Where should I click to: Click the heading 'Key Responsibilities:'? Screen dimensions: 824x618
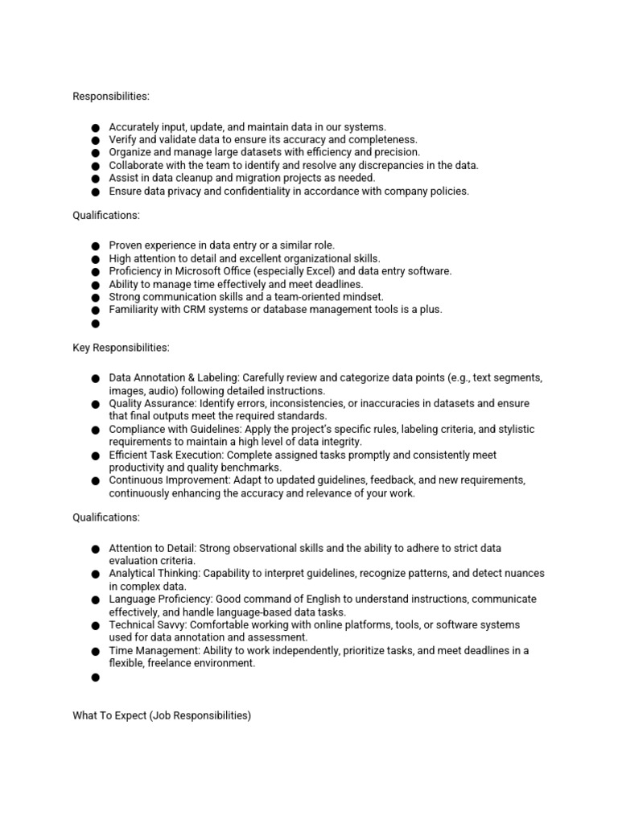(121, 348)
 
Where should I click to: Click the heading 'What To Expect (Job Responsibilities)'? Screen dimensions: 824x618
(162, 715)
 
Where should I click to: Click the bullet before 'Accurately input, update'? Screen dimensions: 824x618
(95, 127)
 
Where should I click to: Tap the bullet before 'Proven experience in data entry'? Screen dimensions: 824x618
(95, 245)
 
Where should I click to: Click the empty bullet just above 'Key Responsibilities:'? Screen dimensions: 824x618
(95, 323)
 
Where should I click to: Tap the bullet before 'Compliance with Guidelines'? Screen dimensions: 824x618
(95, 430)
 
